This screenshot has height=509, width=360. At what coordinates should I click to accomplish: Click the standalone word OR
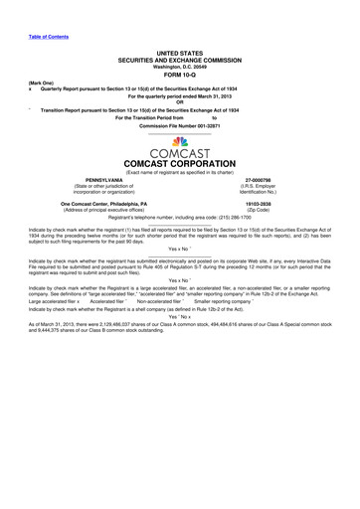click(180, 100)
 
